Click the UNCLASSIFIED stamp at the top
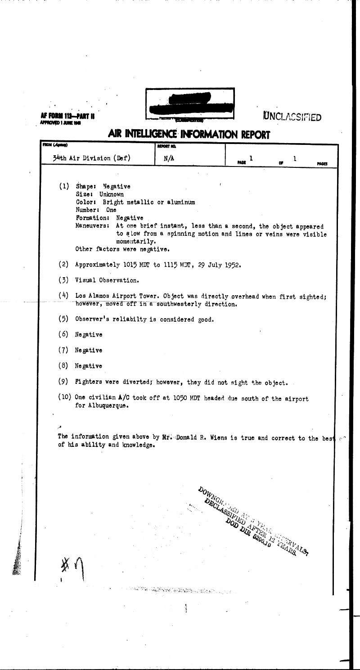pyautogui.click(x=292, y=117)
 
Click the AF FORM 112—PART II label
pyautogui.click(x=67, y=117)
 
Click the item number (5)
pyautogui.click(x=63, y=319)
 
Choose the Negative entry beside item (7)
pyautogui.click(x=89, y=350)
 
